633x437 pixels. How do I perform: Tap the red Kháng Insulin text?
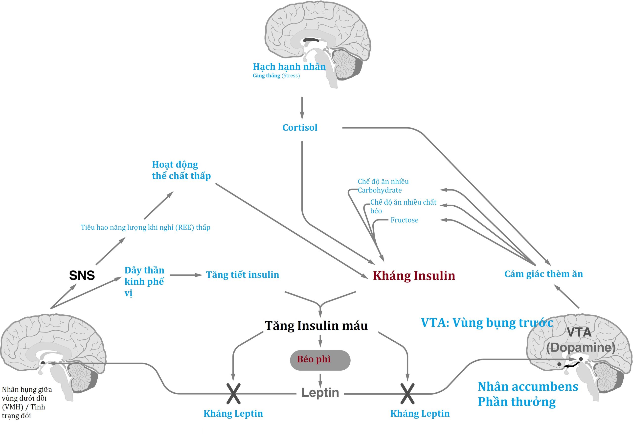tap(414, 276)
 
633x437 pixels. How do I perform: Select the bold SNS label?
tap(82, 275)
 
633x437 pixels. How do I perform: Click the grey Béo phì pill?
tap(320, 360)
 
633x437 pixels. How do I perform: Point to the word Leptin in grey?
tap(320, 393)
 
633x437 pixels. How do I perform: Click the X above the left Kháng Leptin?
tap(233, 394)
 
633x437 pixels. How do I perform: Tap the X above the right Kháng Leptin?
tap(407, 394)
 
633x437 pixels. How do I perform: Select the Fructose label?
tap(404, 220)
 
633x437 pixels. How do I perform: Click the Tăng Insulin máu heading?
tap(316, 326)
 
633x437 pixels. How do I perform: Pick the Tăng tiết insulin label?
tap(242, 275)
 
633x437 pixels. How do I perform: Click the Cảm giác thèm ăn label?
tap(543, 274)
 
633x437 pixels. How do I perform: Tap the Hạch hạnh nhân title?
tap(289, 67)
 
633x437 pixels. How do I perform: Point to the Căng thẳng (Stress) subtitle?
tap(276, 76)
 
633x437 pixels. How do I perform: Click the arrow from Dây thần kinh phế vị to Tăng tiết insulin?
tap(186, 275)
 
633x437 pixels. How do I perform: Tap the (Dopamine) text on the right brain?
tap(581, 348)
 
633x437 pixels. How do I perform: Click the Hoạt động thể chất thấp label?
tap(181, 170)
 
